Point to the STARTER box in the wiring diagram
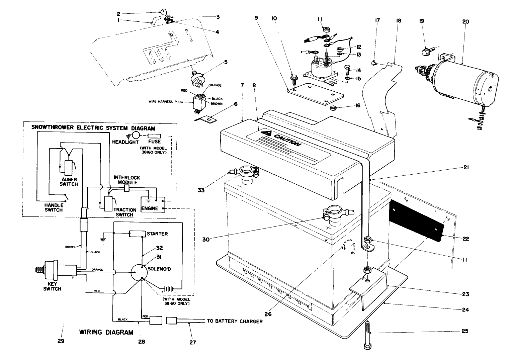[x=138, y=234]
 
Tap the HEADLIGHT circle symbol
[x=136, y=135]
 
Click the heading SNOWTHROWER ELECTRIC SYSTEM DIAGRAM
[x=93, y=128]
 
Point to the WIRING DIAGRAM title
[x=106, y=333]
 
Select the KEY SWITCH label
[x=52, y=286]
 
